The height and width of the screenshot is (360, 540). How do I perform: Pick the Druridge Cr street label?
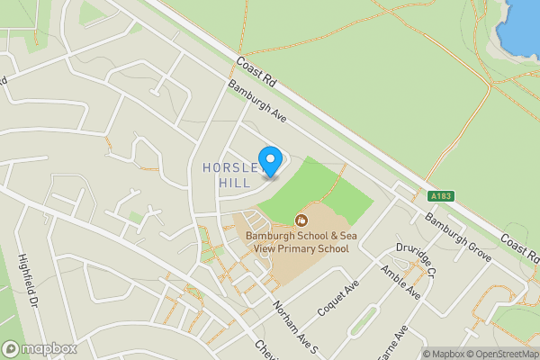(416, 259)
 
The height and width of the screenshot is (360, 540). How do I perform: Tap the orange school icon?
(301, 220)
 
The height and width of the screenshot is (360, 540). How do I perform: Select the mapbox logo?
(39, 348)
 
